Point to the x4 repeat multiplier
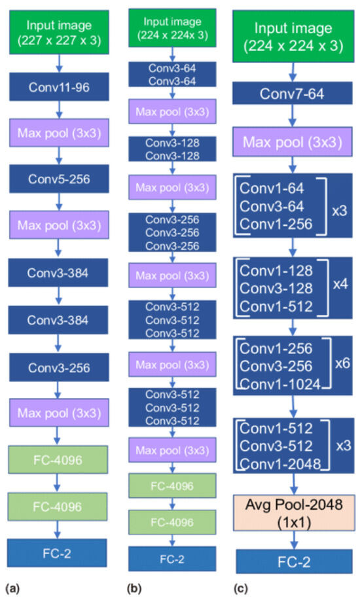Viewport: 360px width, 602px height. (341, 285)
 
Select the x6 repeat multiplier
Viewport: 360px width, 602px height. (341, 362)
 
